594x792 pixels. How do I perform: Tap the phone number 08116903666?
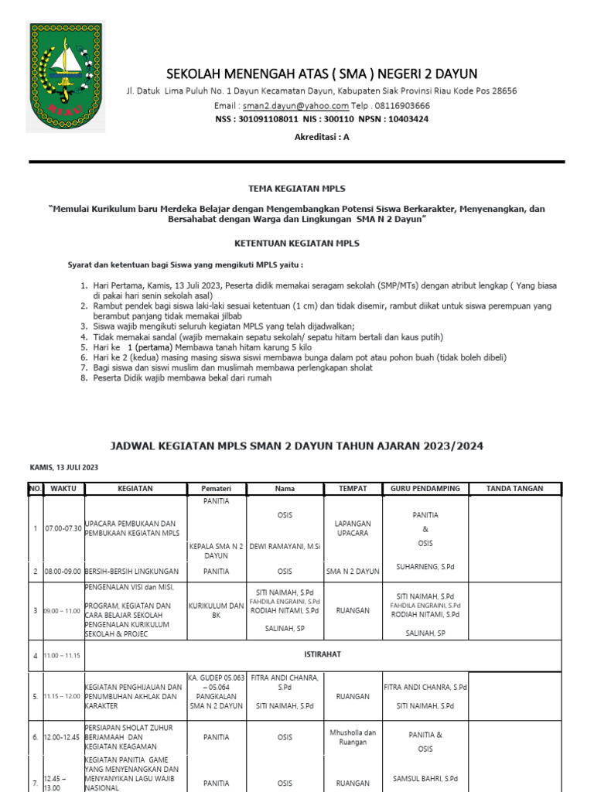[x=402, y=105]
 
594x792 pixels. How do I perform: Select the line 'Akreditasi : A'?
[x=322, y=136]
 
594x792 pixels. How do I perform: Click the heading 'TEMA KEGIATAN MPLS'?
[x=296, y=188]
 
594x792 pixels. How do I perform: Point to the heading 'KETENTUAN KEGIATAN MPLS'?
[x=296, y=243]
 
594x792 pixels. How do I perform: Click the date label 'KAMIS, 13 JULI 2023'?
[x=64, y=468]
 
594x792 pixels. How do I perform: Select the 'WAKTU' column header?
[x=63, y=489]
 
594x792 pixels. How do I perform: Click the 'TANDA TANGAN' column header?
[x=515, y=489]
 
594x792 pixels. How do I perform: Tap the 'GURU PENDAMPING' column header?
[x=425, y=489]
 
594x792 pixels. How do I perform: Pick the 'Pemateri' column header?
[x=216, y=489]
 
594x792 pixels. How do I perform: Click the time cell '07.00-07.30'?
[x=65, y=528]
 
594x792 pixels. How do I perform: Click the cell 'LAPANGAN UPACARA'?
[x=353, y=528]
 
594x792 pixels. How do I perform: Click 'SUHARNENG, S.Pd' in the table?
[x=425, y=567]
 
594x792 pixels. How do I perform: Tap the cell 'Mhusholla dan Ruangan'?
[x=353, y=737]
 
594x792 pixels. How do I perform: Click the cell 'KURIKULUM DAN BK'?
[x=216, y=610]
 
